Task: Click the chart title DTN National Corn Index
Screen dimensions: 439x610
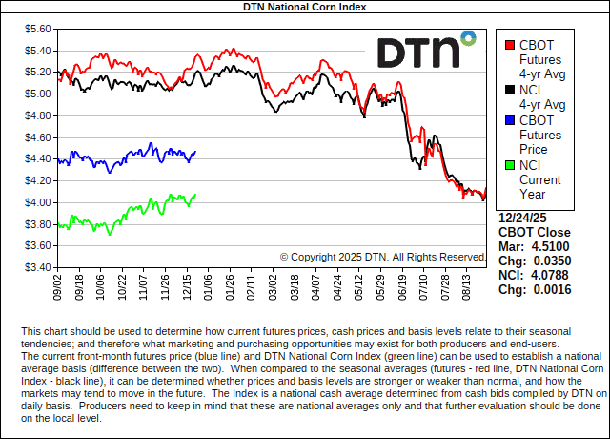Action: point(304,7)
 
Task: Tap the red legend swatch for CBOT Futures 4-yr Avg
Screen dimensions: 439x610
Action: point(511,45)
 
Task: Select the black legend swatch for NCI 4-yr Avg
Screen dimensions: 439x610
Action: point(511,90)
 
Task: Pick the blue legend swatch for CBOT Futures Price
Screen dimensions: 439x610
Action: point(511,120)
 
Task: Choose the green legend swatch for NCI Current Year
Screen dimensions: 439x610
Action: point(511,165)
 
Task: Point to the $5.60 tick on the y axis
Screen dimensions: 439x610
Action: point(37,29)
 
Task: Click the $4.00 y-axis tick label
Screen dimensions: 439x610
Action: point(37,202)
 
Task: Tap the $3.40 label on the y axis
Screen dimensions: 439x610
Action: point(37,267)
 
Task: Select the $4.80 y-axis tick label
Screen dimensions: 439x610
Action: point(37,115)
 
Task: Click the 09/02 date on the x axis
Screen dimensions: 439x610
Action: point(59,285)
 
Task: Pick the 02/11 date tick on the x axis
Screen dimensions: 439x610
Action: point(250,285)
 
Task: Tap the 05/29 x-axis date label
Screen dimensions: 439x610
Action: point(381,285)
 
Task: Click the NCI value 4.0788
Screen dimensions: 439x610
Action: point(547,275)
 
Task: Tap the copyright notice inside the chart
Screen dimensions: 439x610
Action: point(383,257)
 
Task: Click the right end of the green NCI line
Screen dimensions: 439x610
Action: point(195,195)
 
